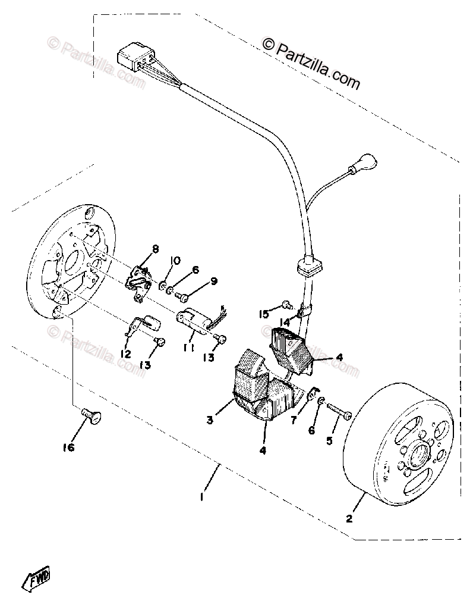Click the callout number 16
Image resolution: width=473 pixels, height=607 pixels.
(69, 448)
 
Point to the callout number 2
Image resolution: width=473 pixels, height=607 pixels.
(349, 518)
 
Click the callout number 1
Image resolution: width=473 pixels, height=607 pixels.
(203, 495)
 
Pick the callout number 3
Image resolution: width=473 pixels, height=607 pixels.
(210, 420)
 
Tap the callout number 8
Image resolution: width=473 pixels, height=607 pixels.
(156, 249)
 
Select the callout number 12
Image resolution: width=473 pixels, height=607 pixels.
(125, 353)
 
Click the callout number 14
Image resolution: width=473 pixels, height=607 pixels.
(285, 322)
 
